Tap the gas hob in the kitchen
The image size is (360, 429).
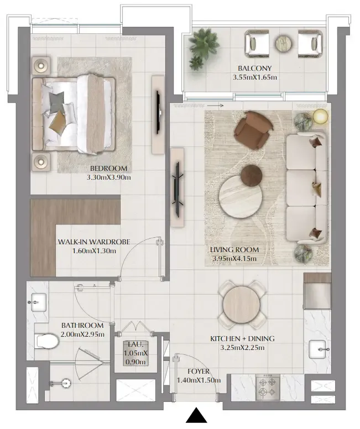(268, 388)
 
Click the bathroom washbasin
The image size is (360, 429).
(39, 302)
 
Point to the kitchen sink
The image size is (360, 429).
(317, 349)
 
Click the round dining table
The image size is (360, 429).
(242, 305)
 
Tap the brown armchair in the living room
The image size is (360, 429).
(253, 130)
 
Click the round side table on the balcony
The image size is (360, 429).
(284, 44)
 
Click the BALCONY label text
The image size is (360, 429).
(254, 68)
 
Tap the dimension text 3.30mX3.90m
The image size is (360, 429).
(109, 177)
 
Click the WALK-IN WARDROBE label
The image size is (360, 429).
(94, 242)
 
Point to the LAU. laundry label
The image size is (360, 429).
(135, 344)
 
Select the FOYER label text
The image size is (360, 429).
(199, 372)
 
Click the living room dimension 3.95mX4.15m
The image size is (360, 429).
(234, 258)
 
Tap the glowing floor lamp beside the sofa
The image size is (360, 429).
(320, 116)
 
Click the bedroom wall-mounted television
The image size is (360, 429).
(158, 112)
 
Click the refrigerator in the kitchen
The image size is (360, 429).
(317, 291)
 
